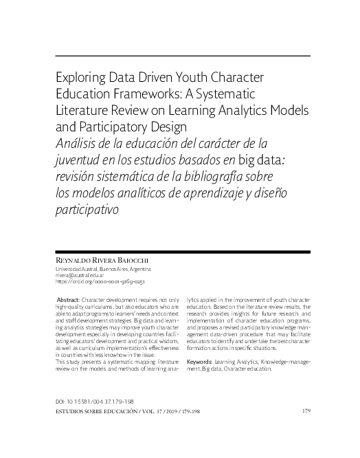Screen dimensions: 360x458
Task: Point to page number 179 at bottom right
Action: click(306, 411)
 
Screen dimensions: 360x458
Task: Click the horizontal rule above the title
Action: click(180, 56)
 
